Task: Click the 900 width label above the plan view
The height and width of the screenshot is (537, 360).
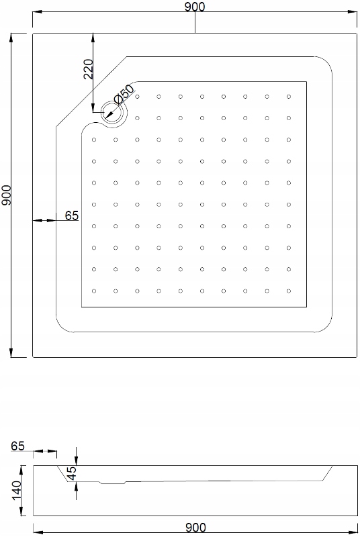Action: click(195, 6)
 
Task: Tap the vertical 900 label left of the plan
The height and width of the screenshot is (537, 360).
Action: click(7, 195)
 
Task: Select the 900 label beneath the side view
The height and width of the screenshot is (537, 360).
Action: click(195, 528)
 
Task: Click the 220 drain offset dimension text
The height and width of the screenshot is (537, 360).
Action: click(89, 69)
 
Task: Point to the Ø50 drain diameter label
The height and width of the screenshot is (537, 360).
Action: click(124, 94)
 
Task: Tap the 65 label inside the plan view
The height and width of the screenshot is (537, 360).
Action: click(72, 215)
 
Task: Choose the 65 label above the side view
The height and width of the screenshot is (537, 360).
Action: click(18, 446)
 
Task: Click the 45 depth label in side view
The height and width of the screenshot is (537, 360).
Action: click(72, 473)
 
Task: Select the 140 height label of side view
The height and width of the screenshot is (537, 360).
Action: click(17, 490)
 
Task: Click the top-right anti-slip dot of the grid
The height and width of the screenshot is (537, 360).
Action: click(289, 97)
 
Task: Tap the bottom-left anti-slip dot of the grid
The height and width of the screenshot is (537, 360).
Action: click(94, 291)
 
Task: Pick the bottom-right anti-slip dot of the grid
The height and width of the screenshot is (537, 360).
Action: click(289, 291)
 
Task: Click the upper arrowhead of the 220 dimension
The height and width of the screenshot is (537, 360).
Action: click(93, 38)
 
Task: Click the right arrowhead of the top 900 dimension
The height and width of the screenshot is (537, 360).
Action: click(353, 11)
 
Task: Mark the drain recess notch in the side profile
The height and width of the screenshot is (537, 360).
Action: click(113, 483)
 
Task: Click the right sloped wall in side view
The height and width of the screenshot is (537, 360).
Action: click(328, 473)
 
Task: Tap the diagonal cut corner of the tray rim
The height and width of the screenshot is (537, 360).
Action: click(91, 92)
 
